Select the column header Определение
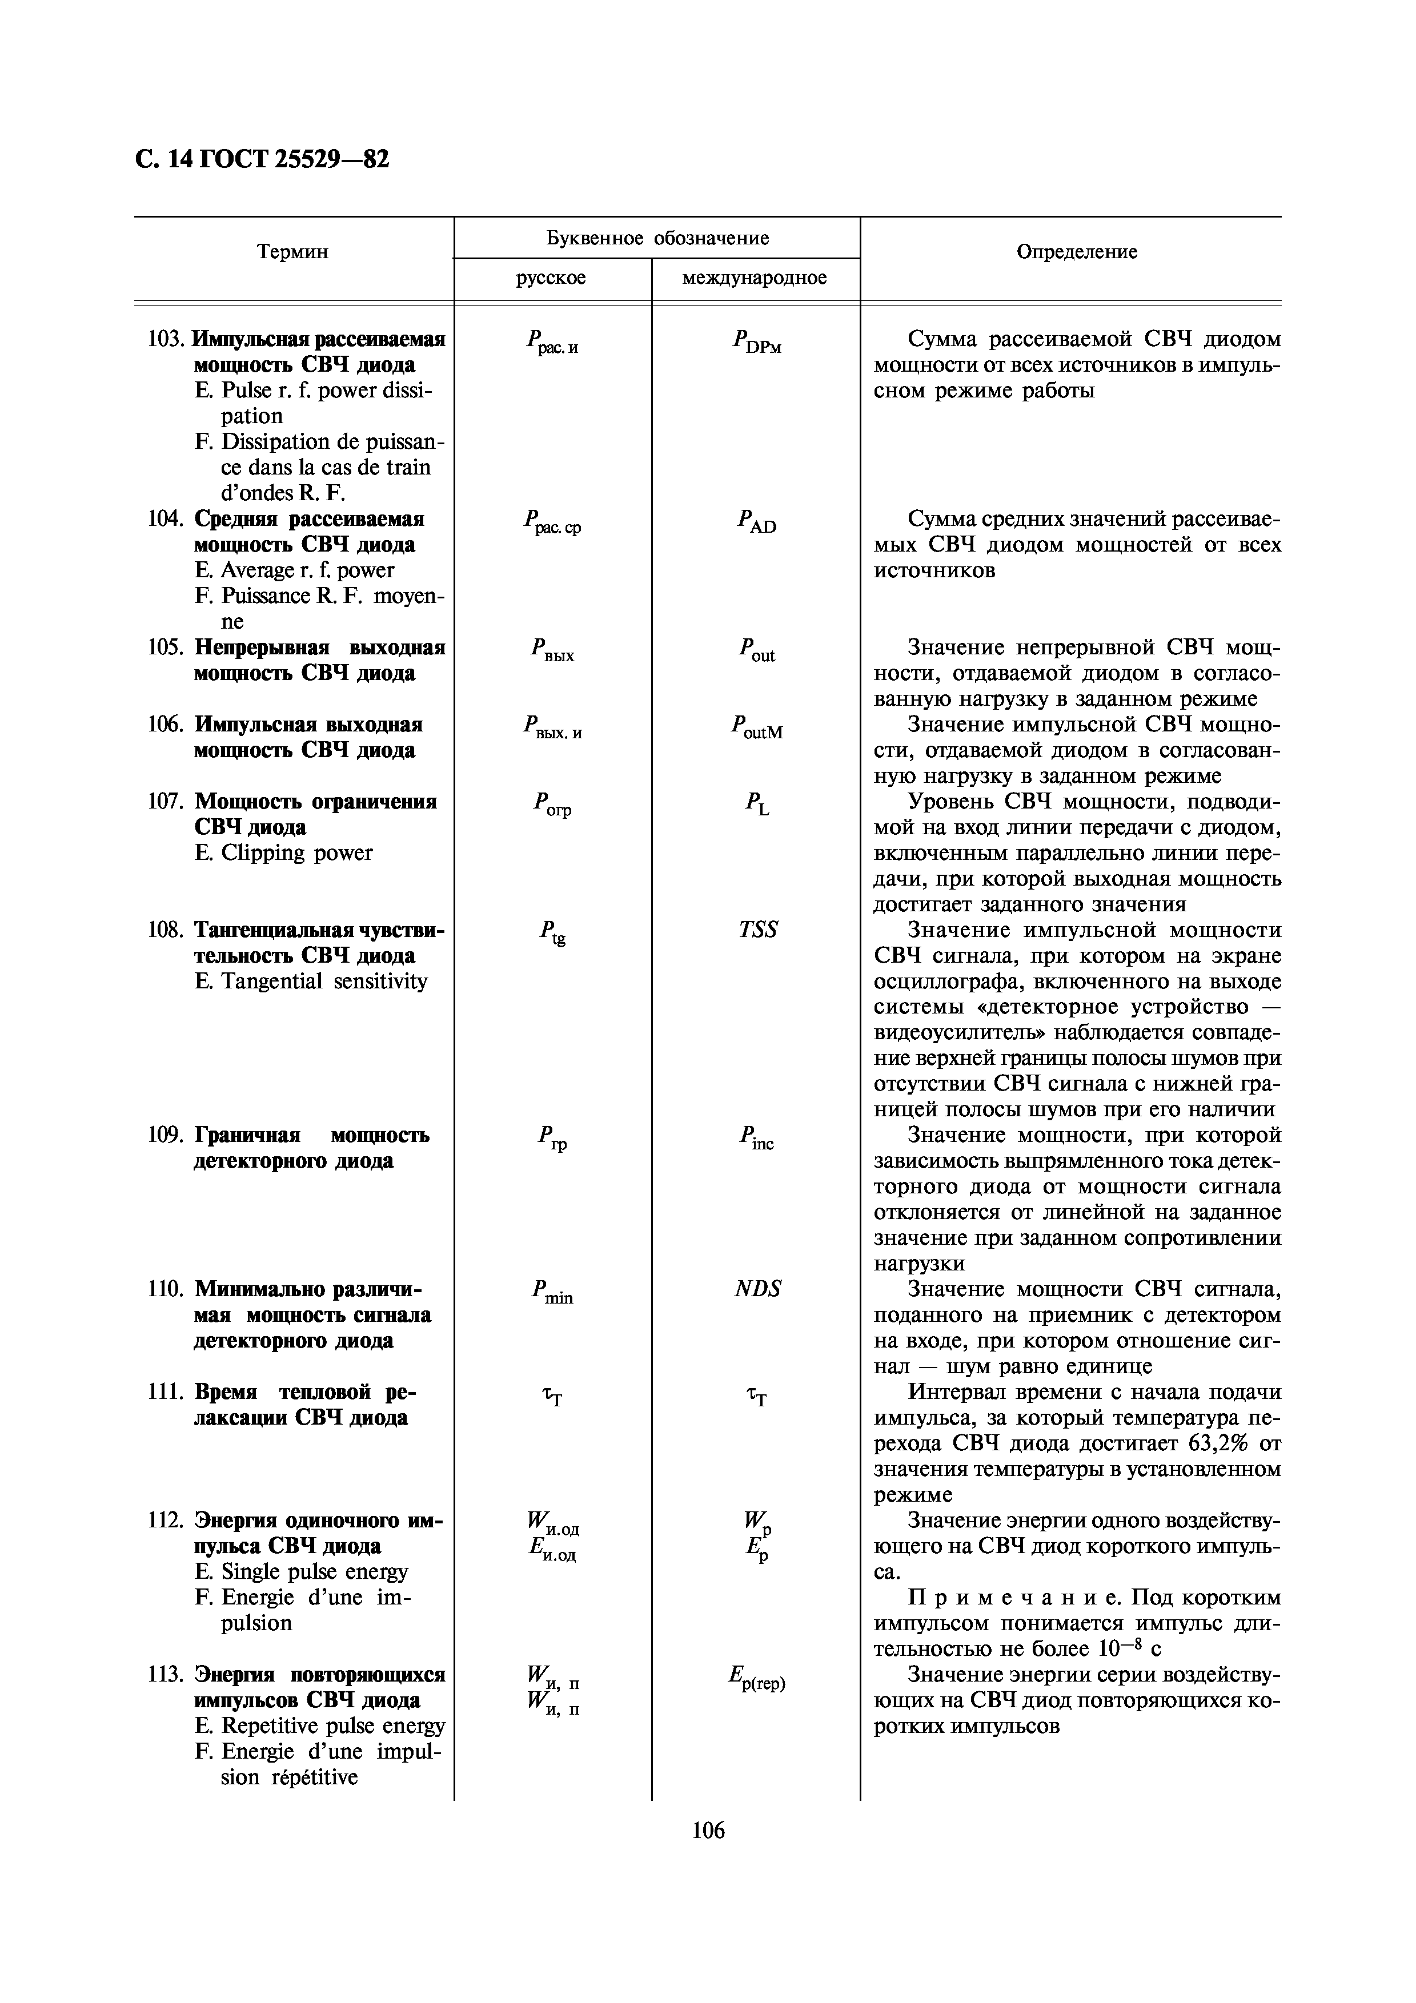point(1077,252)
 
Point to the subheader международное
point(755,278)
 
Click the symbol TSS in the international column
point(757,930)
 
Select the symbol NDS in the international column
point(757,1289)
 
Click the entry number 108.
point(165,930)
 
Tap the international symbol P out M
point(756,727)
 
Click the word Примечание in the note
point(1012,1598)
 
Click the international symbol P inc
point(756,1137)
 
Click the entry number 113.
point(165,1675)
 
